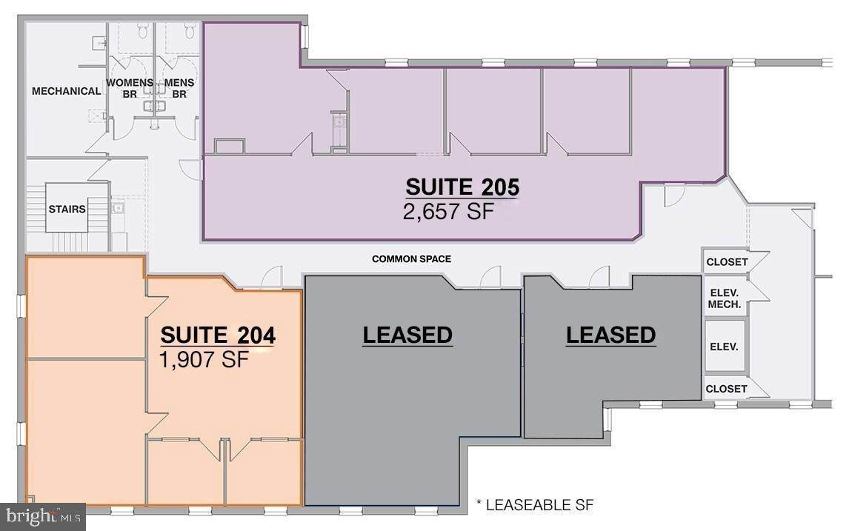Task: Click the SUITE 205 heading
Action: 462,187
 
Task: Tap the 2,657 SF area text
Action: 449,211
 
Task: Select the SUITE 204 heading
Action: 218,335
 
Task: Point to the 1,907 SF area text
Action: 204,359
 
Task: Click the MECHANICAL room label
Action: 66,91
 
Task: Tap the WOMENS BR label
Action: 130,89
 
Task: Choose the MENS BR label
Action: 179,89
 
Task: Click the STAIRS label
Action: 67,209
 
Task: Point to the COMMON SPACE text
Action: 411,259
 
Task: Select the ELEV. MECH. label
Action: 725,299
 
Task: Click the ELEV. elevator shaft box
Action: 725,346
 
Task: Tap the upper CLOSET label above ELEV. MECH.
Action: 727,261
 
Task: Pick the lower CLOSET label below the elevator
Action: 727,389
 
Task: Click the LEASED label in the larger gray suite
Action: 407,335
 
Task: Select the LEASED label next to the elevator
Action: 610,335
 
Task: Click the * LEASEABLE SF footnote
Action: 535,505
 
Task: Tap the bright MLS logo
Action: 43,517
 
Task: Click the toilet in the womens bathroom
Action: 143,32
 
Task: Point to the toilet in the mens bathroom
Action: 190,32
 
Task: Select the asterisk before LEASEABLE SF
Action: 479,503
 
